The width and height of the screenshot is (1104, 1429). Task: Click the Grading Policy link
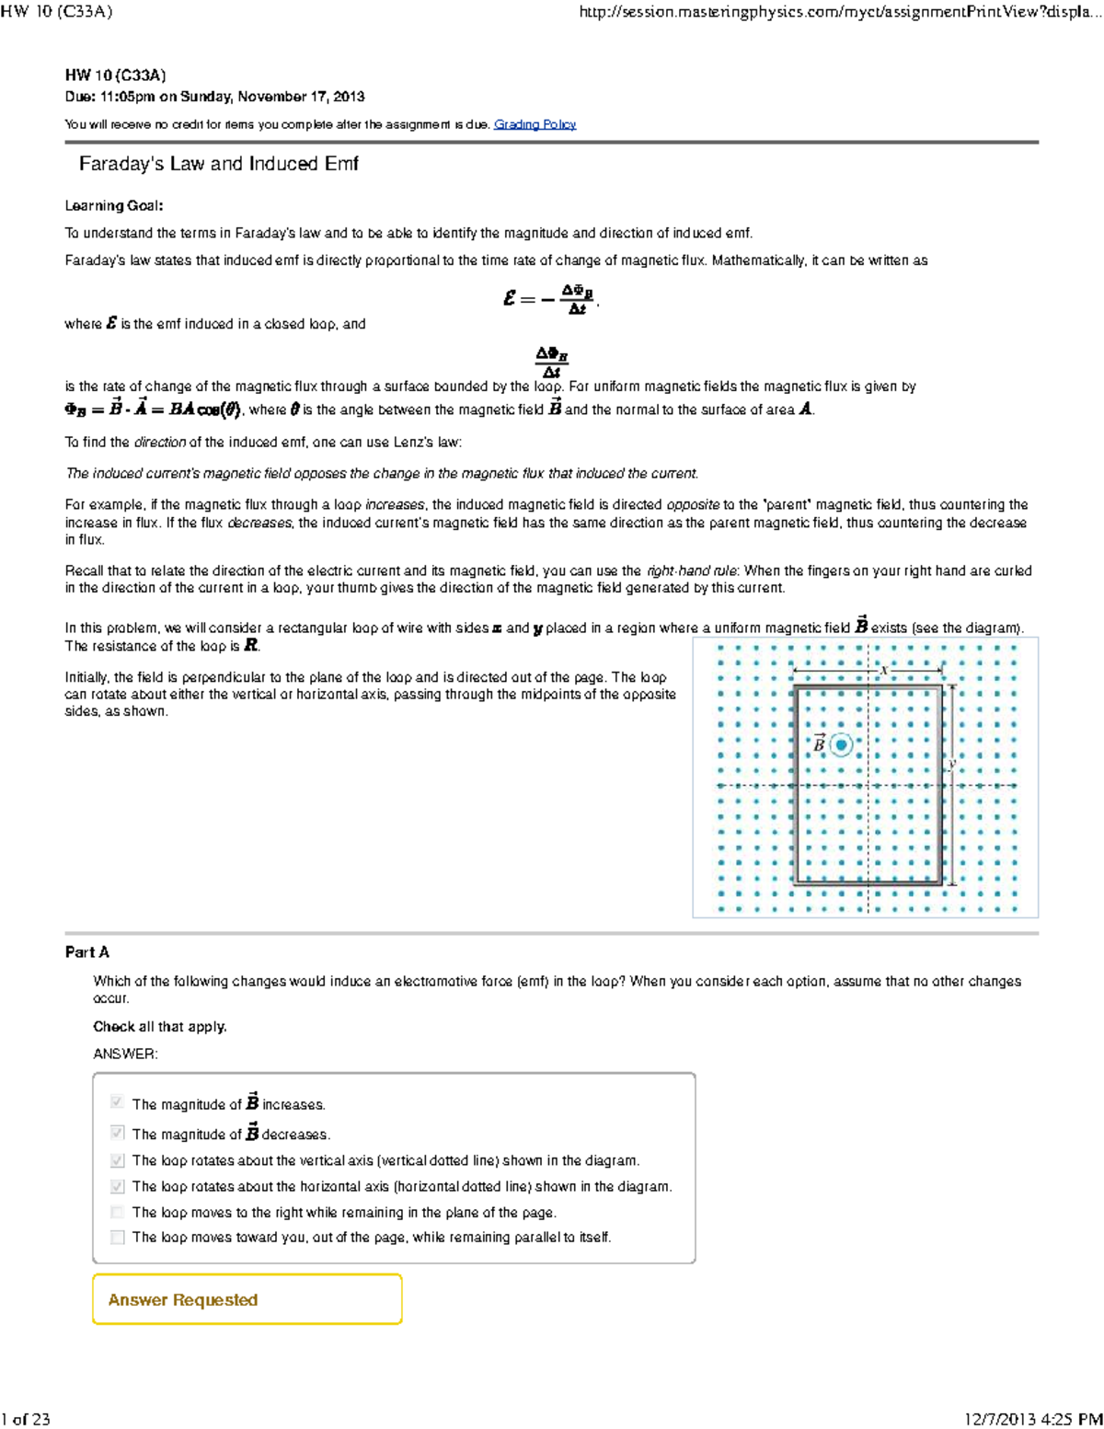[x=535, y=124]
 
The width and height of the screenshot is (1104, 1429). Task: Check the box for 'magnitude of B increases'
[x=117, y=1102]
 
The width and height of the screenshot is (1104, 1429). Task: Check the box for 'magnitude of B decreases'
[x=117, y=1133]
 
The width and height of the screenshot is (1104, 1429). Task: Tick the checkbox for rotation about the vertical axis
[x=117, y=1160]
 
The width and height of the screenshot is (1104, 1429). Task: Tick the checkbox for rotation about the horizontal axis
[x=117, y=1187]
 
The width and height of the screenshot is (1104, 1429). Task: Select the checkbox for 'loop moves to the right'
[x=117, y=1213]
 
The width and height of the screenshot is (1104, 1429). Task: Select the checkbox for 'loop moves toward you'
[x=117, y=1238]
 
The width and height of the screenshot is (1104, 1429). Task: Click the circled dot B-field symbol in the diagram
[x=841, y=744]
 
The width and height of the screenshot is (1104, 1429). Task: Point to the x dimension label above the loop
[x=883, y=670]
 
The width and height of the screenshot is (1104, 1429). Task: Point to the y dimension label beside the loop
[x=953, y=763]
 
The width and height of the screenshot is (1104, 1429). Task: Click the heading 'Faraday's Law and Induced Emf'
[x=218, y=164]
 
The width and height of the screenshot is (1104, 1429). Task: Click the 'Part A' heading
[x=87, y=952]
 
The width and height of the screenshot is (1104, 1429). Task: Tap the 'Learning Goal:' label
[x=114, y=206]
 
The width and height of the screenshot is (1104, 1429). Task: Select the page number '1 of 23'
[x=26, y=1419]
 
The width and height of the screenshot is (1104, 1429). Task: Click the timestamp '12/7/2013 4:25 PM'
[x=1032, y=1419]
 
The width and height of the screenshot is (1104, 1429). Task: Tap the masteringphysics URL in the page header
[x=839, y=12]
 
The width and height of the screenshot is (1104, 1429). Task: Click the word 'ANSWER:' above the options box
[x=125, y=1054]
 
